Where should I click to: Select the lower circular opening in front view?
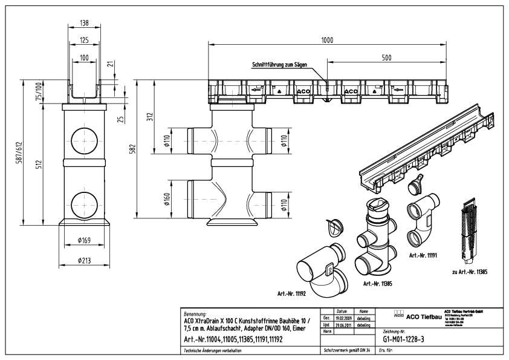[84, 203]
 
